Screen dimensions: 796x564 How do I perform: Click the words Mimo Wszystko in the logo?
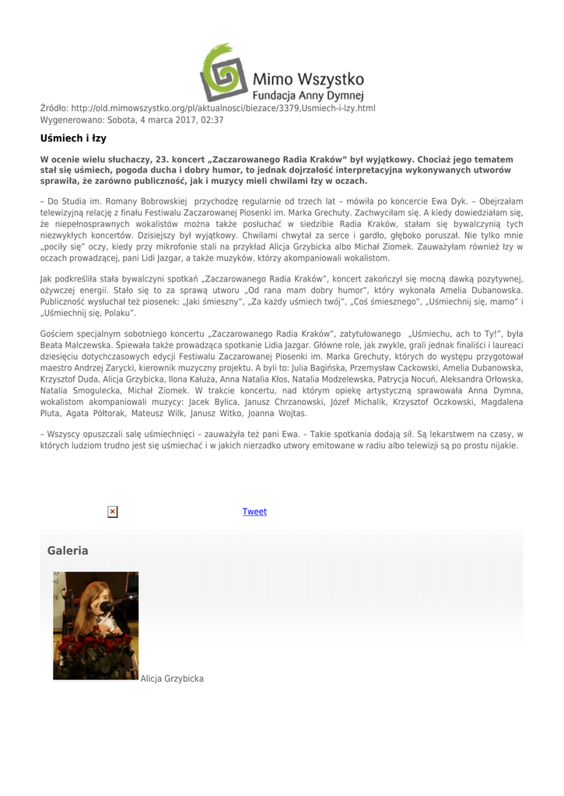(308, 79)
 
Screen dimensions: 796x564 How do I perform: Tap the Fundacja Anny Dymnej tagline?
(308, 96)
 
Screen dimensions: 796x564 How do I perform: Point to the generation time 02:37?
(212, 120)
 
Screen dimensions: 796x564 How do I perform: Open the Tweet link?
(254, 511)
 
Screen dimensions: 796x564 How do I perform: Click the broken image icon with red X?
(113, 511)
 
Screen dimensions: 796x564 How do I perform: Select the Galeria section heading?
(68, 551)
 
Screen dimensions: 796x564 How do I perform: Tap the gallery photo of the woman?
(96, 626)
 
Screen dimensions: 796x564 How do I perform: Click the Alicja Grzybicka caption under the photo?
(172, 679)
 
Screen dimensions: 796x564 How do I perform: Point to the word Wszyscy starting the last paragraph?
(69, 434)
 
